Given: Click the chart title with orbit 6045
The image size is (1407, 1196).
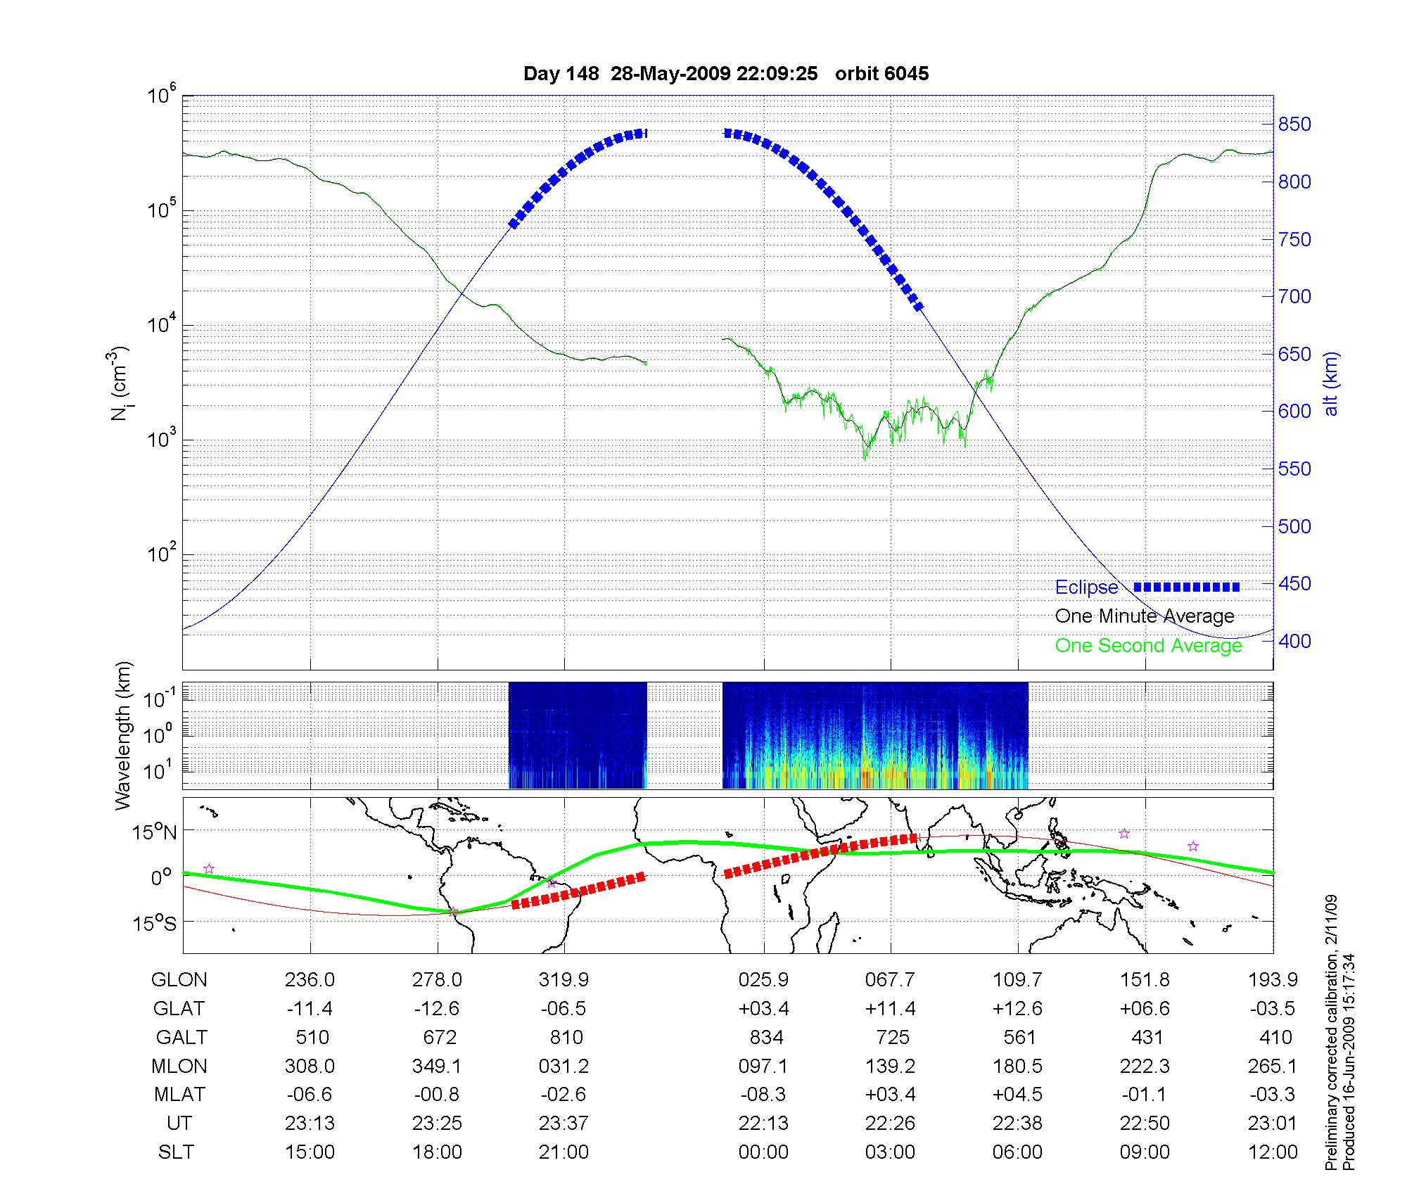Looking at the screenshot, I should (726, 74).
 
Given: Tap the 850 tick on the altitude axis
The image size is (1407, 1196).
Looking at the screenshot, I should (1294, 125).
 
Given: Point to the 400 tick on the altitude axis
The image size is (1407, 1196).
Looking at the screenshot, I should (1294, 641).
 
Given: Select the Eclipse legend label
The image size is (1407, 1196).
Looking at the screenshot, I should (1086, 587).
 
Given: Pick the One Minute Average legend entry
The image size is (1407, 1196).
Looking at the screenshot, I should (1145, 616).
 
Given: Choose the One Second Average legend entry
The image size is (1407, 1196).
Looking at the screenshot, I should (1148, 646).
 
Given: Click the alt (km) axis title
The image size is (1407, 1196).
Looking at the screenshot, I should (1331, 383).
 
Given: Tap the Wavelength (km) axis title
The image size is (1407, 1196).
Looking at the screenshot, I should (123, 736).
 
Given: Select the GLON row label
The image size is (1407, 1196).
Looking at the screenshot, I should (179, 980).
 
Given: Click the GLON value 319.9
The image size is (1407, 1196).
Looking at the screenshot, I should (564, 980).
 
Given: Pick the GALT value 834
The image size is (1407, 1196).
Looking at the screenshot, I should (763, 1038).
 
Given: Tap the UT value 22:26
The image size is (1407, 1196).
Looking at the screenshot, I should (891, 1124).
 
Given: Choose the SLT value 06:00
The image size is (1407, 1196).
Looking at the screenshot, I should (1018, 1152).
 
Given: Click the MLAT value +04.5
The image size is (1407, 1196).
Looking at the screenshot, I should (1018, 1095).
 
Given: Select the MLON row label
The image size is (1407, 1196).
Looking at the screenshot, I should (179, 1067).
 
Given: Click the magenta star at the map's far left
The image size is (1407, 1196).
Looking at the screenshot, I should (208, 869).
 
